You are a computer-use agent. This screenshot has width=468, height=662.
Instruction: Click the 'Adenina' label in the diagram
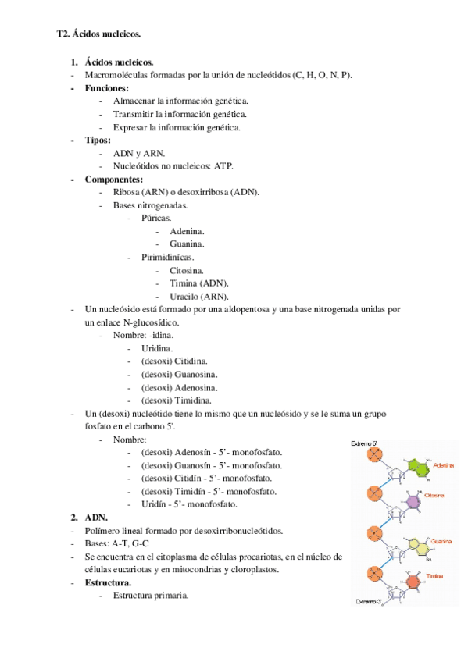coord(444,464)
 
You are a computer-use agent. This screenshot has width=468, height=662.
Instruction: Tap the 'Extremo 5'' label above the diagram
coord(366,443)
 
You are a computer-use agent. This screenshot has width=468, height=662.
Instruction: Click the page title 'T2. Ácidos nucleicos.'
coord(99,34)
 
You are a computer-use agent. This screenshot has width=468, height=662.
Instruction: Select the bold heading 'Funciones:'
coord(106,88)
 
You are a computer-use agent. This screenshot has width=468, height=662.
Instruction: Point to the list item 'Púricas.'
coord(156,219)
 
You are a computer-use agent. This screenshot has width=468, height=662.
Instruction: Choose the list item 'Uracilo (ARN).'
coord(198,297)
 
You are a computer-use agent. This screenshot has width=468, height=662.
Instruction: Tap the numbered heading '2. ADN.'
coord(96,518)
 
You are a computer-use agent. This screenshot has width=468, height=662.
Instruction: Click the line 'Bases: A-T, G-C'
coord(118,543)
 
